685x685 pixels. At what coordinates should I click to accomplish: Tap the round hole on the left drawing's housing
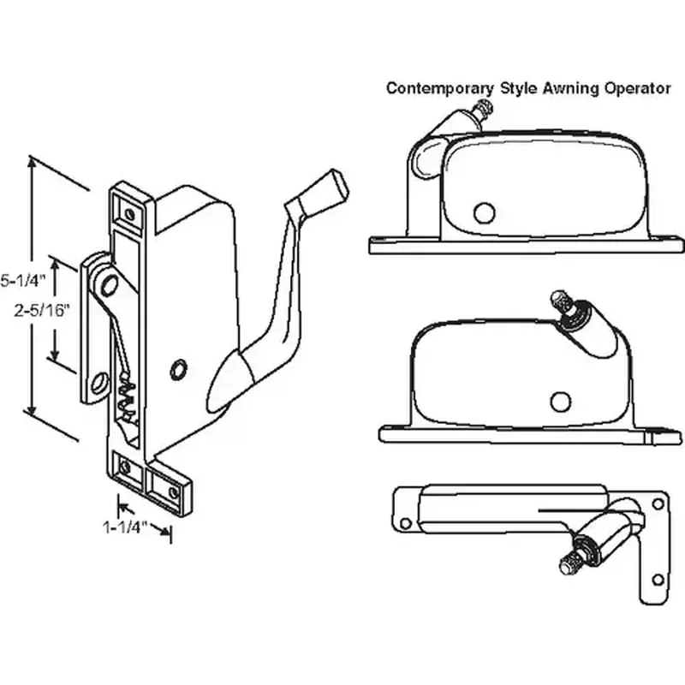coord(179,369)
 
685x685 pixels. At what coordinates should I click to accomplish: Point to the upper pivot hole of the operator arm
coord(104,280)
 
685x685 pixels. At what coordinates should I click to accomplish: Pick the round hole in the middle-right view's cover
coord(560,402)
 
